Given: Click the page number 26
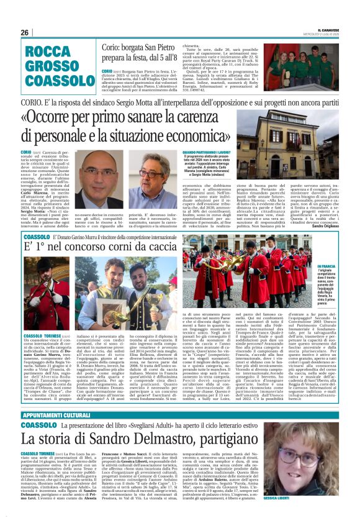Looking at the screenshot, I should click(x=25, y=32).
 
